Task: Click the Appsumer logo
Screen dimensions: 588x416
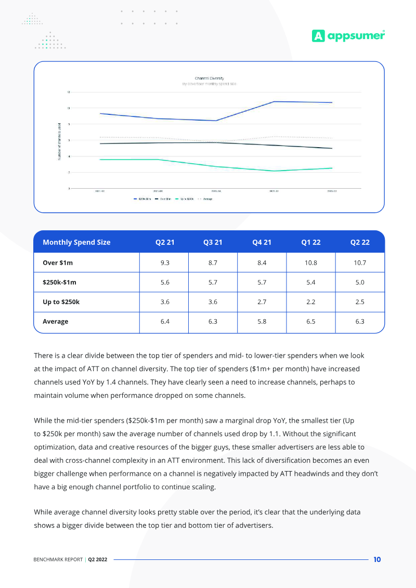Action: coord(348,35)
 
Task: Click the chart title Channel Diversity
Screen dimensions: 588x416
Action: coord(210,78)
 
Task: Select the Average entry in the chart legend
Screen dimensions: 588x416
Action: coord(207,199)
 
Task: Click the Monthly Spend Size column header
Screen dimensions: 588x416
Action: coord(76,242)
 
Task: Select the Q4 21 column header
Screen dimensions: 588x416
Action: coord(262,242)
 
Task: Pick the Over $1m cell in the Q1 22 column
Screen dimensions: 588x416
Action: coord(310,263)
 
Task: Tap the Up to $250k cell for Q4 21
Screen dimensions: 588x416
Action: coord(262,302)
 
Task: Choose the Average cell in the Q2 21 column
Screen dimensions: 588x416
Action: coord(165,321)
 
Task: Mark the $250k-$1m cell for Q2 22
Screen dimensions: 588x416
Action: coord(360,282)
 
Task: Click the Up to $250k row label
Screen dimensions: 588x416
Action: coord(61,302)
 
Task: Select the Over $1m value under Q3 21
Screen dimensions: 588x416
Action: coord(213,263)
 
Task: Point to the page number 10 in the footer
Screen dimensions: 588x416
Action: coord(377,559)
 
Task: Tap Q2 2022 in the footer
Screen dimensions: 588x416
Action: coord(98,560)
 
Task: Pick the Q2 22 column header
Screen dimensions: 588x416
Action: coord(360,242)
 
